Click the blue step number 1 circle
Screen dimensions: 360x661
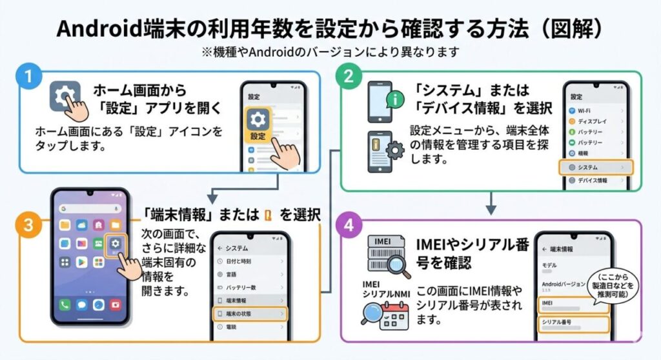tap(27, 77)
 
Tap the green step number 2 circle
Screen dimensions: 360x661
tap(348, 77)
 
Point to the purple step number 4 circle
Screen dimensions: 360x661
tap(349, 227)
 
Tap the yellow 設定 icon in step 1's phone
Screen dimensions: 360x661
tap(258, 125)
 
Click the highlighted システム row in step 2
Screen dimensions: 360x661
tap(595, 167)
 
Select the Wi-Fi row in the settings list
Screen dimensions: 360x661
tap(595, 110)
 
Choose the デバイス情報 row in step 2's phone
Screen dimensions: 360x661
tap(595, 181)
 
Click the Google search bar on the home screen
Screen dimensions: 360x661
tap(90, 209)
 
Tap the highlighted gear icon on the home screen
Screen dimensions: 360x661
tap(116, 245)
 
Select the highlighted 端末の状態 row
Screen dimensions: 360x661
tap(250, 314)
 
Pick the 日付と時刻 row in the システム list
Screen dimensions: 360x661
tap(250, 261)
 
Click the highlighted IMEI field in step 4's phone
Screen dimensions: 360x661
tap(572, 304)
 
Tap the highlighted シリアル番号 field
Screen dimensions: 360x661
tap(572, 323)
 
